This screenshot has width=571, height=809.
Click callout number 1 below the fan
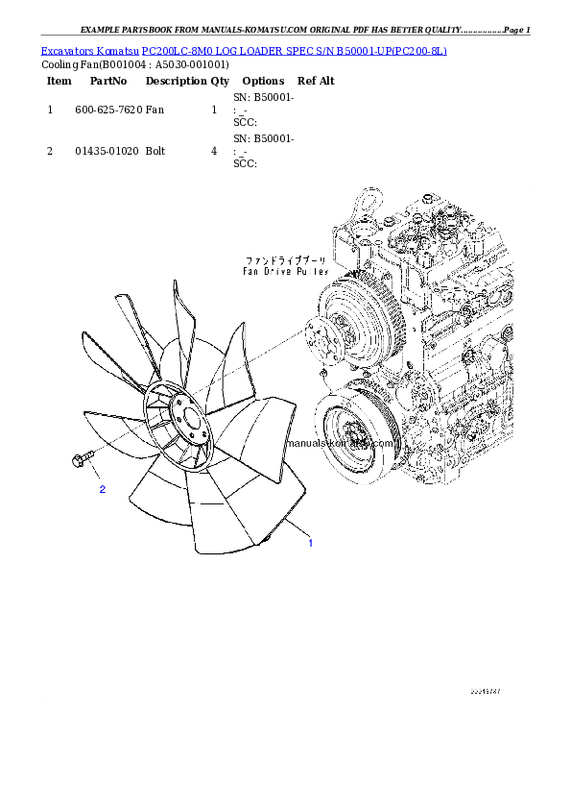pyautogui.click(x=310, y=544)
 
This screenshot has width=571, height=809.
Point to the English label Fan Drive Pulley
pyautogui.click(x=286, y=272)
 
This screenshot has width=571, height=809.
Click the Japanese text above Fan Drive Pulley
pyautogui.click(x=286, y=260)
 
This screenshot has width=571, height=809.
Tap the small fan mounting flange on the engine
pyautogui.click(x=317, y=335)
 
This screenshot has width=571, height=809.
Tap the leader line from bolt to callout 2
pyautogui.click(x=95, y=474)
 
